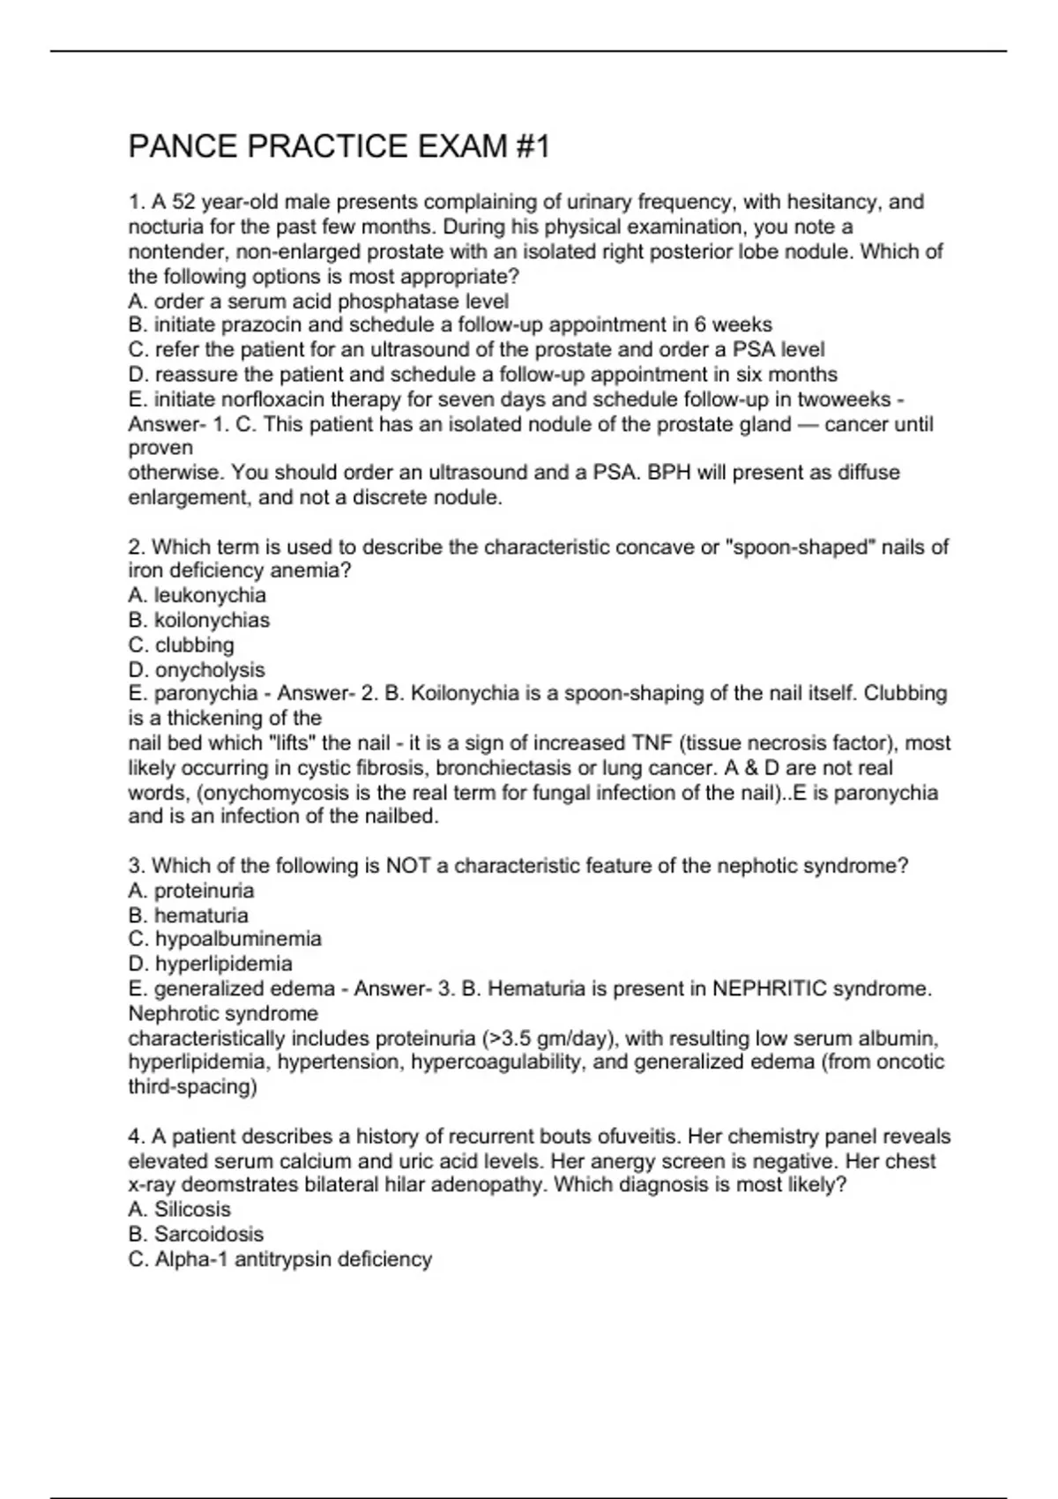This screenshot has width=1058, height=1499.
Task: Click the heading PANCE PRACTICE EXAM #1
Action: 339,146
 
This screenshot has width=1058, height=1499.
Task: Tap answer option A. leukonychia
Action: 197,595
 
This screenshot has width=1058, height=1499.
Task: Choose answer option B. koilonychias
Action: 198,620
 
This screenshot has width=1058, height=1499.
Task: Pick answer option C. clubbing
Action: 181,645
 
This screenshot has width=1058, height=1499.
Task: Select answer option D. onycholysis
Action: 196,669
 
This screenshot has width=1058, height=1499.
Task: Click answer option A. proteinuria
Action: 190,891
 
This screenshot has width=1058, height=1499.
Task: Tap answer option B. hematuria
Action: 188,915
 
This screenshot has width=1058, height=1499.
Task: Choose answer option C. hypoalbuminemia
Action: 224,939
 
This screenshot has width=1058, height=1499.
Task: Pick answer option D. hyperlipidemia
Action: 210,964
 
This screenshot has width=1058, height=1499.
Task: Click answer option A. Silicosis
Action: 179,1210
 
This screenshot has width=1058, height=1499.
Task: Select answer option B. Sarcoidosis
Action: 196,1234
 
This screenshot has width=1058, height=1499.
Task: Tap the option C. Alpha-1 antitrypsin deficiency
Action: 279,1259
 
